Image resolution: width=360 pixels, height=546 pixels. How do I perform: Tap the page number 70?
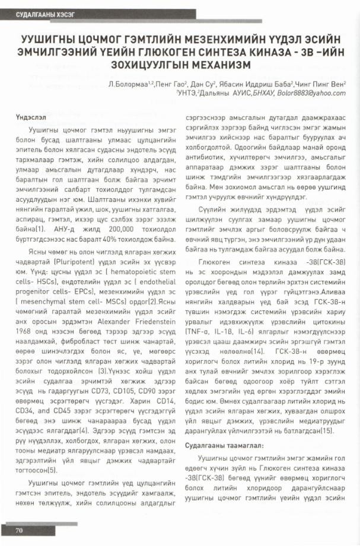(x=19, y=529)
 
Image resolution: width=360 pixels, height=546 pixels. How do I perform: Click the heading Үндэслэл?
(x=30, y=118)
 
